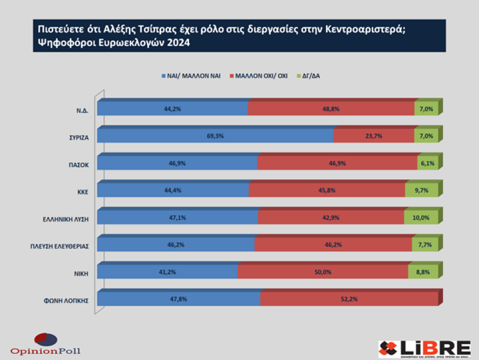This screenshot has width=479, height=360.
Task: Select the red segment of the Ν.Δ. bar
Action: point(331,109)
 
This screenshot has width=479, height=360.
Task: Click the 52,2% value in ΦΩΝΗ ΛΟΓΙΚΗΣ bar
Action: point(349,299)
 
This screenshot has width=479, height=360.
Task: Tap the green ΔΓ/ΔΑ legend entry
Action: point(308,76)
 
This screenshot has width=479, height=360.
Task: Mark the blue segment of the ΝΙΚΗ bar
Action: point(167,272)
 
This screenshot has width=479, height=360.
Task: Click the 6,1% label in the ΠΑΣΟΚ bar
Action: point(427,163)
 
